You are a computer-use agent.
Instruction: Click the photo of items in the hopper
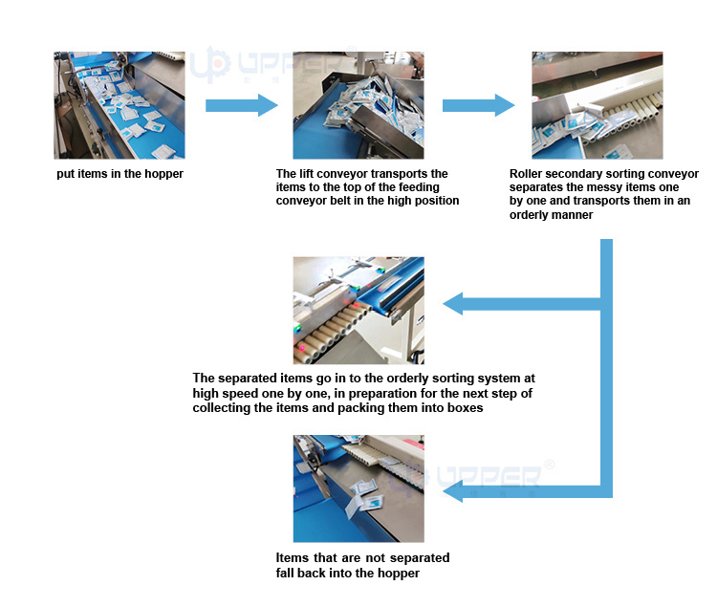point(119,105)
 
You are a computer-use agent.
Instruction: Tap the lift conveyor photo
point(358,105)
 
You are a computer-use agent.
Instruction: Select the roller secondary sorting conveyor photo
point(597,105)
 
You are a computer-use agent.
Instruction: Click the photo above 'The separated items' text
point(358,310)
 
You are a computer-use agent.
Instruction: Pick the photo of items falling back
point(358,488)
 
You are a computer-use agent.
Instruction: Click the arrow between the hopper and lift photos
point(240,105)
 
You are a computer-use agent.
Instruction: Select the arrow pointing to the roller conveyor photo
point(478,105)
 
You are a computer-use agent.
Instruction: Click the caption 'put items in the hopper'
point(119,174)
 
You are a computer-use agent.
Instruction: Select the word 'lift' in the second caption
point(308,174)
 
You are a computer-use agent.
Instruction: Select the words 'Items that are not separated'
point(362,557)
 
